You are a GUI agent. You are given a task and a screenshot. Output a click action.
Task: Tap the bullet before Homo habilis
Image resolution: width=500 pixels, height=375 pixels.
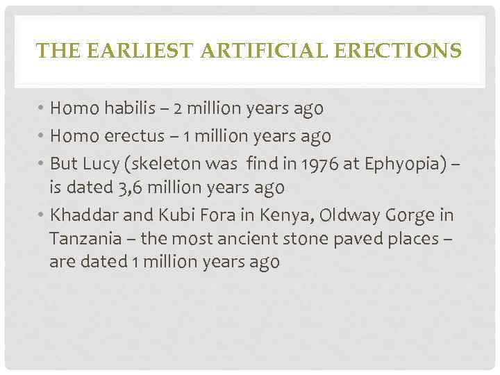41,110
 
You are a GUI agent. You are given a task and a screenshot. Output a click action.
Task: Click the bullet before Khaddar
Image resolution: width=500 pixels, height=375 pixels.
41,215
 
